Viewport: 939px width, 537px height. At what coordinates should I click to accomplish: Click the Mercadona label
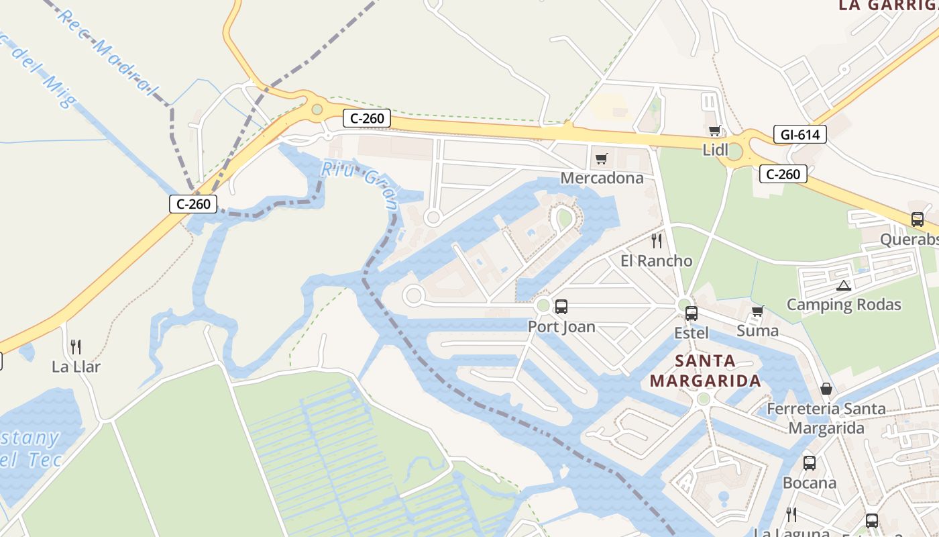pos(602,178)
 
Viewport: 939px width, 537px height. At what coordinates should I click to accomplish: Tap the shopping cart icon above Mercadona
pos(602,159)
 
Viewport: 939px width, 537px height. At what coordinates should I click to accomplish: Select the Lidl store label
pos(715,150)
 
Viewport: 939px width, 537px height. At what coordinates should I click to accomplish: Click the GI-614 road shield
pos(799,134)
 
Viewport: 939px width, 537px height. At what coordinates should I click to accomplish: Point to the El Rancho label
pos(656,260)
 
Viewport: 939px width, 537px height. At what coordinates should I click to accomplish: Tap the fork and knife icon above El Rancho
pos(657,240)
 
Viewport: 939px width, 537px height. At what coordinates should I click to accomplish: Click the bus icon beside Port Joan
pos(561,307)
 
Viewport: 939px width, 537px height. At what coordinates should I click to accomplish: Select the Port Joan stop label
pos(561,327)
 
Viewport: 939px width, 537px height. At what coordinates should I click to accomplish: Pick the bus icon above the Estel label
pos(692,313)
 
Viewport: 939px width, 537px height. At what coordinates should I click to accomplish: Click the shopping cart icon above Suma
pos(758,311)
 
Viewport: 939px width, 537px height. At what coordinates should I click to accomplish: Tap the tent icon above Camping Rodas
pos(844,285)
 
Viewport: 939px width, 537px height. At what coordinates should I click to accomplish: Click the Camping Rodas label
pos(844,305)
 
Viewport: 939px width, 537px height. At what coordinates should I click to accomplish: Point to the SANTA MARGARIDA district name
pos(706,371)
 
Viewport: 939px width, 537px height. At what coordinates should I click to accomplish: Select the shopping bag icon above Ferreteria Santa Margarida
pos(826,389)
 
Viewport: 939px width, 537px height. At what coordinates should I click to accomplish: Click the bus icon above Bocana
pos(810,462)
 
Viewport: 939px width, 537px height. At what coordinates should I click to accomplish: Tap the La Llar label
pos(76,367)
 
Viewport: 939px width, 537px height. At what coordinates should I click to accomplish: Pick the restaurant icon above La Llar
pos(76,347)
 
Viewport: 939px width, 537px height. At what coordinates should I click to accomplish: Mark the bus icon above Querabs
pos(918,219)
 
